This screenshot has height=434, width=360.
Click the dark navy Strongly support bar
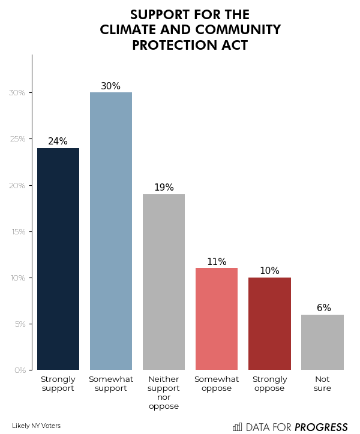pos(58,258)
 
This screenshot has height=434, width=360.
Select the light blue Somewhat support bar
pos(111,231)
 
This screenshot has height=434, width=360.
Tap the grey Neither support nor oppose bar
pos(164,282)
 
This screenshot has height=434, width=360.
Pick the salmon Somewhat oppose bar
pos(217,318)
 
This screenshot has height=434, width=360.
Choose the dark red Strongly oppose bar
pos(269,323)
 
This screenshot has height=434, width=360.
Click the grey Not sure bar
pos(322,342)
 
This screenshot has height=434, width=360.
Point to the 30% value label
pos(111,86)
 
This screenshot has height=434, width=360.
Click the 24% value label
pos(58,141)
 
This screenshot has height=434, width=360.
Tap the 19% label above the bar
pos(164,188)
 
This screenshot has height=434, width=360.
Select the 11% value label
pos(217,262)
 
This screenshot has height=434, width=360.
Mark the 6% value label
pos(323,308)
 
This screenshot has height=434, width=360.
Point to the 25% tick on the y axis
pos(17,139)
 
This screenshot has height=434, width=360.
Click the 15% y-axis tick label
pos(17,232)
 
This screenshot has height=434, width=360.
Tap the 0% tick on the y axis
pos(19,370)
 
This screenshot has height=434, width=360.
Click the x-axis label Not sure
pos(322,384)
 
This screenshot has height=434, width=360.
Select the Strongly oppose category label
pos(269,384)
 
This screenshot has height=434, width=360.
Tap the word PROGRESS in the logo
pos(321,427)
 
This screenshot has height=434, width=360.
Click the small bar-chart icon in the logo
pos(238,427)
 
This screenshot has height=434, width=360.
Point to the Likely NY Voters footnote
pos(36,426)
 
